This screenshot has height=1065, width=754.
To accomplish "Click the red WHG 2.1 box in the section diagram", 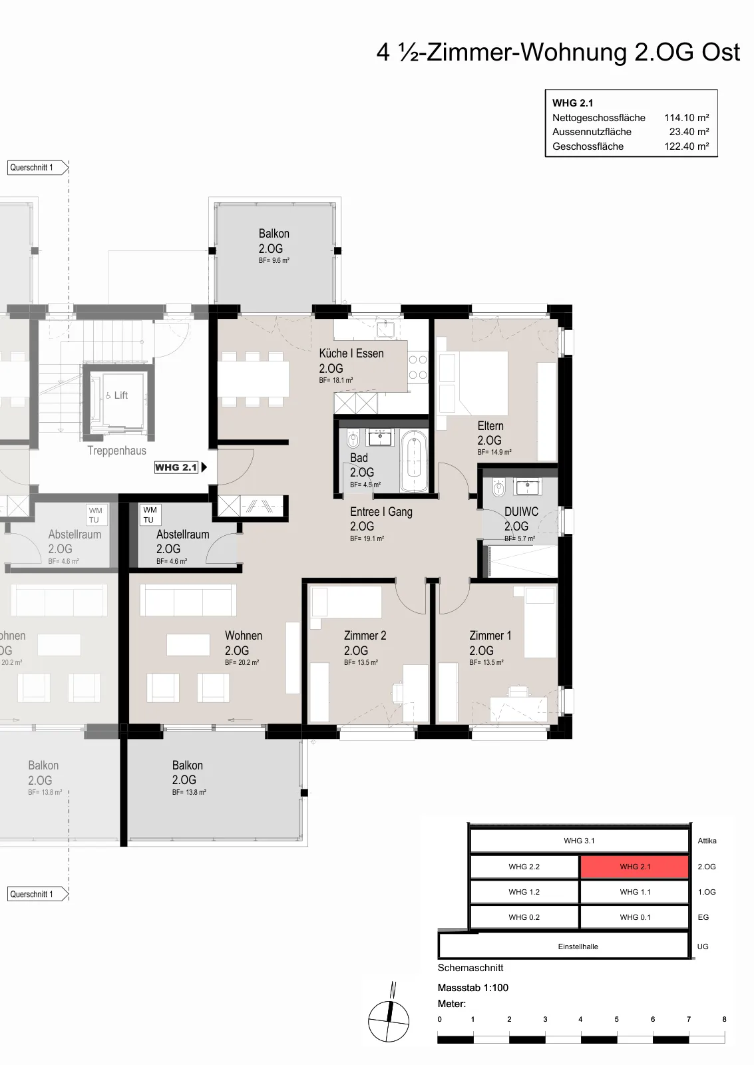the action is coord(635,866).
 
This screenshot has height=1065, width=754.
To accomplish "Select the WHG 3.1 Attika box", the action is coord(579,841).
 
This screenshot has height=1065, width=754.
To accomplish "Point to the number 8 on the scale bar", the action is coord(725,1019).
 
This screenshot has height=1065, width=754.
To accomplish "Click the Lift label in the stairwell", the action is coord(117,395).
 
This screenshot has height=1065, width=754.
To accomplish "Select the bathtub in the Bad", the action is coord(414,461).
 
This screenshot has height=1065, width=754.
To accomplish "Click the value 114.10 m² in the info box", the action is coord(687,117).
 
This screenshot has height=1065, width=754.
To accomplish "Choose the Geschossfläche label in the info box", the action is coord(588,146).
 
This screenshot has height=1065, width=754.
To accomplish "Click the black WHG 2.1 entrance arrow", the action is coord(204,467).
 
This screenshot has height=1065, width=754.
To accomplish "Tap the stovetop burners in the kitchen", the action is coord(418,367).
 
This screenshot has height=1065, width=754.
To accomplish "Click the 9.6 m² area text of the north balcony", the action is coord(274,260).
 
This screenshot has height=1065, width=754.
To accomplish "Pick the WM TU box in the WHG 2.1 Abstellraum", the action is coord(150,515).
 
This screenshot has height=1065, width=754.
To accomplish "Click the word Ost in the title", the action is coord(721,53).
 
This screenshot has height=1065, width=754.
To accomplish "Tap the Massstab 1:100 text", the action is coord(473,988).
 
